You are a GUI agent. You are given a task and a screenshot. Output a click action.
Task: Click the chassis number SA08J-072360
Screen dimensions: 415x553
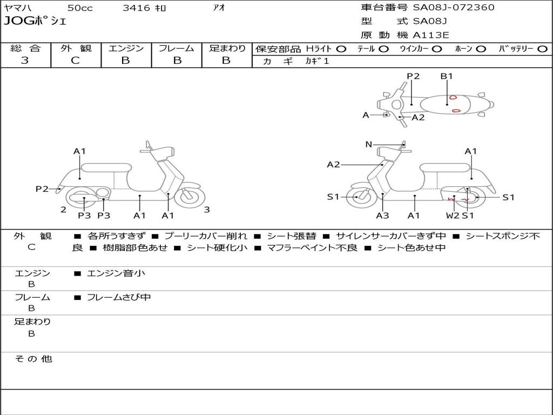pyautogui.click(x=454, y=8)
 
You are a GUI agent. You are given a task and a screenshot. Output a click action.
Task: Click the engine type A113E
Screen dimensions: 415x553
pyautogui.click(x=430, y=36)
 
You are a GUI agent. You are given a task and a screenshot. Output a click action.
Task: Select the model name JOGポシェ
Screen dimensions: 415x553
pyautogui.click(x=35, y=22)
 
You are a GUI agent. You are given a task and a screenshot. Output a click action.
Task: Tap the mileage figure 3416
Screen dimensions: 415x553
pyautogui.click(x=136, y=8)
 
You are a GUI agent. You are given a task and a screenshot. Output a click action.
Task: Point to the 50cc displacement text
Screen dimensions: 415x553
pyautogui.click(x=79, y=8)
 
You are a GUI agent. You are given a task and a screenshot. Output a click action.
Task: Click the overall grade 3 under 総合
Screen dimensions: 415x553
pyautogui.click(x=25, y=61)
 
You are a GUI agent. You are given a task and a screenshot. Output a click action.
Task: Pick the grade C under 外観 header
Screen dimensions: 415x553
pyautogui.click(x=75, y=61)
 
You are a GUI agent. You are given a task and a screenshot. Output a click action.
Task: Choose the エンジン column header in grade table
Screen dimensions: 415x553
pyautogui.click(x=126, y=48)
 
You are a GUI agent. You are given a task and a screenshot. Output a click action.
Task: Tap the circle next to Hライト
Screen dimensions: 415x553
pyautogui.click(x=341, y=49)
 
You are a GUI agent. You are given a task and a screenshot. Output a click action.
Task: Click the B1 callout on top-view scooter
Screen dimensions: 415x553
pyautogui.click(x=447, y=76)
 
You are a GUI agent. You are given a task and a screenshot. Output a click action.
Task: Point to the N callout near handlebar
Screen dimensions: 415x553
pyautogui.click(x=369, y=144)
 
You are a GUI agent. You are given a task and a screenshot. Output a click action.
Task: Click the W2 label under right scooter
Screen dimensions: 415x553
pyautogui.click(x=453, y=216)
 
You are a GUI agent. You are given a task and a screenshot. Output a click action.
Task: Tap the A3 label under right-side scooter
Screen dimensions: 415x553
pyautogui.click(x=382, y=216)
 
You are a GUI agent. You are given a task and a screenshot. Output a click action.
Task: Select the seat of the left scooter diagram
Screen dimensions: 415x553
pyautogui.click(x=106, y=168)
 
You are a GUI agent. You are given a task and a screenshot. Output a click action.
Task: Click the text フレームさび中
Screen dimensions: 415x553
pyautogui.click(x=119, y=297)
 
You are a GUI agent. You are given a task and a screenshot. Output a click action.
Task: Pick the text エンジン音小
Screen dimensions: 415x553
pyautogui.click(x=116, y=273)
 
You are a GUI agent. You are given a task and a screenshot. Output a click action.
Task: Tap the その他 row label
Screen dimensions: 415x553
pyautogui.click(x=33, y=359)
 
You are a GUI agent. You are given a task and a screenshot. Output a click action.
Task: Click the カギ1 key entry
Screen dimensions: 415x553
pyautogui.click(x=317, y=61)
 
